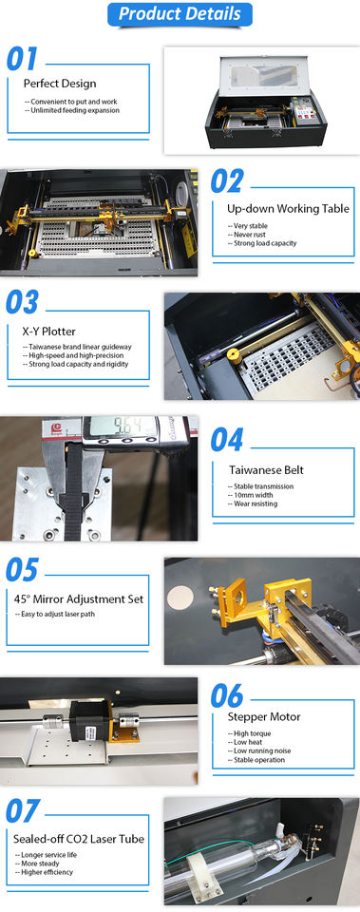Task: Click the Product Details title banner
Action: click(180, 14)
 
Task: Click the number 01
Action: click(22, 59)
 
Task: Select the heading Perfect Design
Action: click(60, 84)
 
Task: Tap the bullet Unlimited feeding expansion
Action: click(72, 110)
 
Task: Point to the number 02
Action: click(226, 181)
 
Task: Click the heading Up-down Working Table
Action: click(288, 208)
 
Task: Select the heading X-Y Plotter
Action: click(48, 332)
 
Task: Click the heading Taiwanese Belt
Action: click(266, 470)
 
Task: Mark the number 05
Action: click(22, 570)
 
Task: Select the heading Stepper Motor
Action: click(264, 717)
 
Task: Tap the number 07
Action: click(23, 810)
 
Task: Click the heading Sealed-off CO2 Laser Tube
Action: click(79, 839)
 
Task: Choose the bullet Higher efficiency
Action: click(44, 872)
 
